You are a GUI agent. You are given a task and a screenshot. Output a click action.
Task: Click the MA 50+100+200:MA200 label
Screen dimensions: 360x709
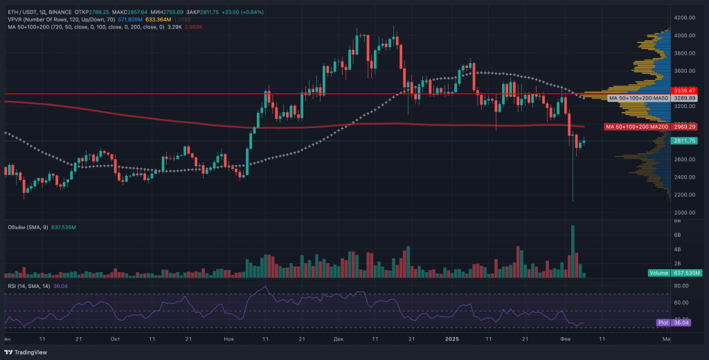636,127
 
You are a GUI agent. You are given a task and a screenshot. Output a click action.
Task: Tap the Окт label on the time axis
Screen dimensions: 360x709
115,339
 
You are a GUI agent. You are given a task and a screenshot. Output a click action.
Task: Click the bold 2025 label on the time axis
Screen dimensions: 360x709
451,339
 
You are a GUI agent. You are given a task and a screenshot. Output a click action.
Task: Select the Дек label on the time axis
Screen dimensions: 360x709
338,339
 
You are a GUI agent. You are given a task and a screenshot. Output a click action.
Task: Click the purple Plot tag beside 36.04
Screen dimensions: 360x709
662,322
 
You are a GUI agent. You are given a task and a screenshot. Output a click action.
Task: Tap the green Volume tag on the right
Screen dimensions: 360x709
658,273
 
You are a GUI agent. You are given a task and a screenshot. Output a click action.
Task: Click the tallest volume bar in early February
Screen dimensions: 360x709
573,251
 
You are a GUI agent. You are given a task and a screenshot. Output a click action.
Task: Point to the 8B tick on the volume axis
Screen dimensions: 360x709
676,221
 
